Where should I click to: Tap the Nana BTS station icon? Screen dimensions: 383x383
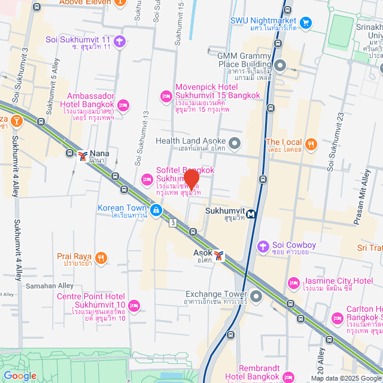click(83, 156)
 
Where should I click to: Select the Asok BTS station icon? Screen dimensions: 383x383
click(220, 256)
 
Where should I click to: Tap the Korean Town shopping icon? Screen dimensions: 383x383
click(156, 210)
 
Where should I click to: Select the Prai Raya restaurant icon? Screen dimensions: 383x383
click(101, 258)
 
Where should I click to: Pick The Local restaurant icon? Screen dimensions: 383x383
click(310, 144)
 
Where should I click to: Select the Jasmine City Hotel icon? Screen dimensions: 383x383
click(293, 282)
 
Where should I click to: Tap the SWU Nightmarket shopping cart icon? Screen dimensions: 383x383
click(306, 23)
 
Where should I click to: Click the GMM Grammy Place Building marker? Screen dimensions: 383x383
click(280, 65)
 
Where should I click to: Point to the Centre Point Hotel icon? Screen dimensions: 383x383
click(134, 306)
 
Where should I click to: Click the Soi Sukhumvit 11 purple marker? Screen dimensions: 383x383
click(120, 41)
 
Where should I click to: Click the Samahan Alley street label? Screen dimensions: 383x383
click(50, 286)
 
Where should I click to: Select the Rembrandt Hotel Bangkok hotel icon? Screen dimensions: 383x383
click(288, 376)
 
